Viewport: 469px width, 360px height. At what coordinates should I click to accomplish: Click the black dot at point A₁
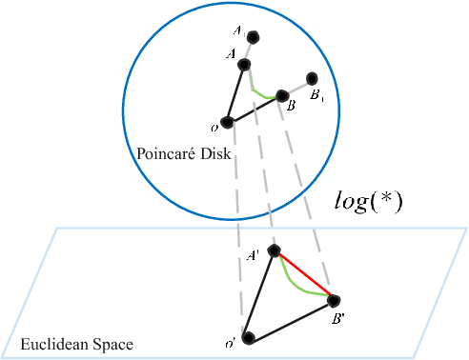(x=255, y=38)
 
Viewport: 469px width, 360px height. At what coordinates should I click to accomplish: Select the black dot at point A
(x=244, y=64)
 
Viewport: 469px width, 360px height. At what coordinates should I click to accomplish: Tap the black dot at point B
(x=281, y=95)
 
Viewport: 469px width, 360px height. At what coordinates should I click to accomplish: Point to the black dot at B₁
(x=312, y=78)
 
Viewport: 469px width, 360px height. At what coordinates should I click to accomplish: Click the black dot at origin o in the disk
(x=227, y=122)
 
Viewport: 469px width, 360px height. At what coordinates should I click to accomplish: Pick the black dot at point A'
(x=275, y=250)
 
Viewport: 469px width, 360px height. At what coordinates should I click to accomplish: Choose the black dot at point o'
(x=248, y=337)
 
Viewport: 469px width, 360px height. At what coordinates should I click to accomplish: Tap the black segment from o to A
(x=235, y=93)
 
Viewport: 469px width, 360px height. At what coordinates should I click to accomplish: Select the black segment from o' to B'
(x=291, y=319)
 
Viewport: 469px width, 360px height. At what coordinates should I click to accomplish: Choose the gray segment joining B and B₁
(x=296, y=87)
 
